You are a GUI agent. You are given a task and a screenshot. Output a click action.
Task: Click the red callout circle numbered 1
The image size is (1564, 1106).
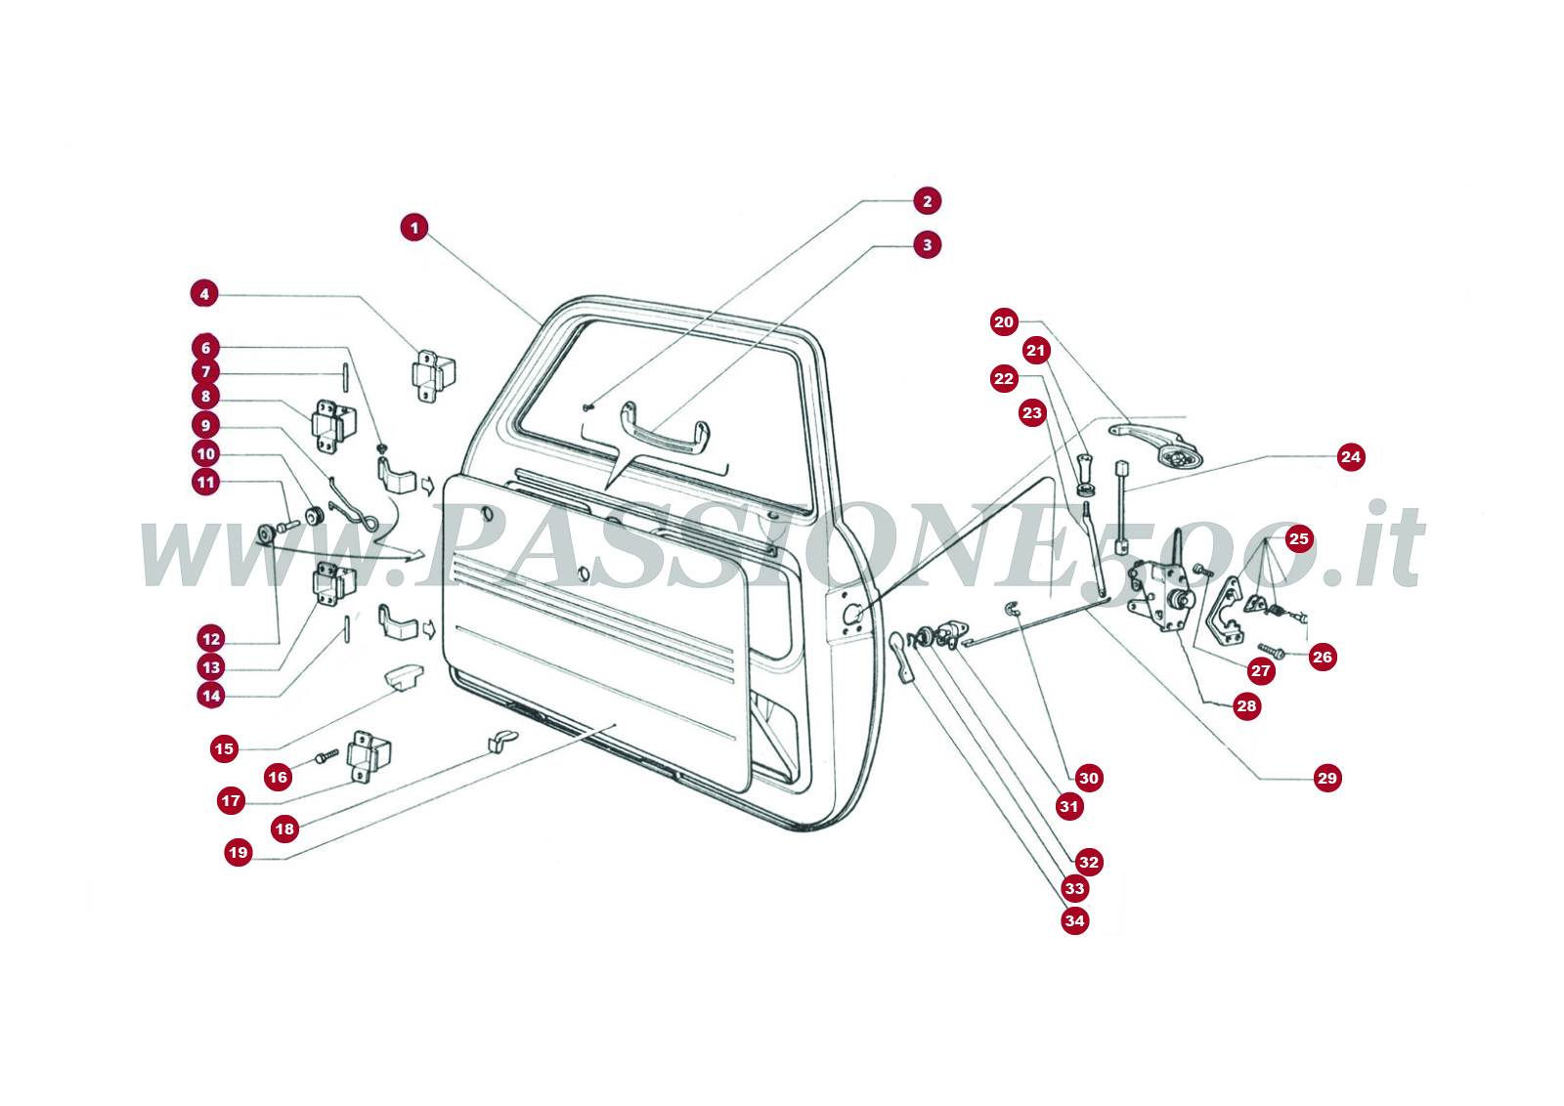(x=414, y=228)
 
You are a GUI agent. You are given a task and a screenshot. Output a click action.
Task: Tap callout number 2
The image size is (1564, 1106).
(x=928, y=201)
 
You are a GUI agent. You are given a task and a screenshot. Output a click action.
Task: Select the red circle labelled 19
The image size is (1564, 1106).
(x=239, y=852)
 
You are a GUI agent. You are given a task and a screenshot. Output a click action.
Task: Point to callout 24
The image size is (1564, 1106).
(x=1351, y=457)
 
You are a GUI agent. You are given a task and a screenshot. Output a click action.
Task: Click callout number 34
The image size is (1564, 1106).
(x=1074, y=920)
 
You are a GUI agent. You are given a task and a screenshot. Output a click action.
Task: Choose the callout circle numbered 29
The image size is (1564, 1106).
(x=1326, y=778)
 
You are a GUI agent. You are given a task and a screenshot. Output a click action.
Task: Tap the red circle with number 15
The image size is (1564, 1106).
(x=224, y=748)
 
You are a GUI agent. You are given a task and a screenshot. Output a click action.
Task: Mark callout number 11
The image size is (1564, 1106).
(x=205, y=483)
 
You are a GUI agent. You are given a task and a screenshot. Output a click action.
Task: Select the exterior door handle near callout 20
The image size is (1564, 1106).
(x=1155, y=444)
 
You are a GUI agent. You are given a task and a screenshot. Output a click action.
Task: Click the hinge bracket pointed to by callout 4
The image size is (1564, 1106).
(x=433, y=375)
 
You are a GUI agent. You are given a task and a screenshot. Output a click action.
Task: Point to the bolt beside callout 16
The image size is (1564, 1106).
(x=326, y=755)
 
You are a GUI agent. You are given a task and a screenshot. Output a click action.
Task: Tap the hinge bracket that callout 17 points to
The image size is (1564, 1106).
(x=369, y=756)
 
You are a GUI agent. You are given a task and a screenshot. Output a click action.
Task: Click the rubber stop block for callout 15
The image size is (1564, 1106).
(x=405, y=677)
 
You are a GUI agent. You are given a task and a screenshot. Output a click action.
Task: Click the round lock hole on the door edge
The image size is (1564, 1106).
(x=851, y=615)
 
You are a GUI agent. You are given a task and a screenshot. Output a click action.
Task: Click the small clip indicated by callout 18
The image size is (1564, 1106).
(x=502, y=741)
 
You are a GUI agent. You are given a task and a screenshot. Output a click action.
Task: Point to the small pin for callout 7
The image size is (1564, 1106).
(x=345, y=378)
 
